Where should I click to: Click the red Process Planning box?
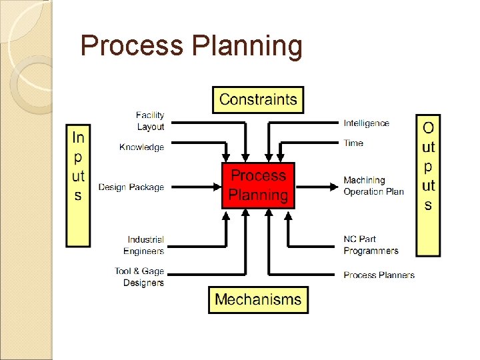258,185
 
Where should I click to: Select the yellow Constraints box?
258,100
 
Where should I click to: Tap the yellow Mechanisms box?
258,299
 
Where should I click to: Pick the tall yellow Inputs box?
78,185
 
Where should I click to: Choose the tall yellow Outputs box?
428,185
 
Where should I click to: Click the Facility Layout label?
150,121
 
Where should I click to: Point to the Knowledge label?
141,147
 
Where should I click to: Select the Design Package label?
131,187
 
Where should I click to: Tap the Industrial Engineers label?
145,245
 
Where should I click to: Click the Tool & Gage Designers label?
139,277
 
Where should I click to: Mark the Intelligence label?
366,123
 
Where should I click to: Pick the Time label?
353,143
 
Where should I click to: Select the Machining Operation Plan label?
373,186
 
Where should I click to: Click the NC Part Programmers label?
371,245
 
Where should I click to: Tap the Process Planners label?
379,275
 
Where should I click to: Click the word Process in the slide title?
131,47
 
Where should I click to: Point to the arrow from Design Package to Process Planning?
193,187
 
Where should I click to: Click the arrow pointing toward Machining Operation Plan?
316,186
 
